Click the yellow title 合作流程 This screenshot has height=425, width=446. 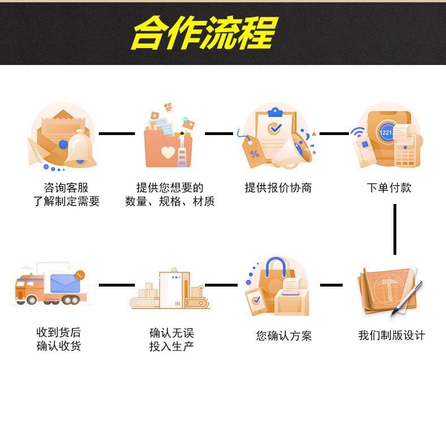point(204,33)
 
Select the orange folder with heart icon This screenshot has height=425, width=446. point(168,138)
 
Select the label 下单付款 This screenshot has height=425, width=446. point(388,188)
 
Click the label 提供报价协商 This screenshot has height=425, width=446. point(278,188)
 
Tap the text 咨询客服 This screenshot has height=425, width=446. point(66,188)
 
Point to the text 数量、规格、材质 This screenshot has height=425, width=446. point(170,201)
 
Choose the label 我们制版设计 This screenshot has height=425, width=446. point(391,335)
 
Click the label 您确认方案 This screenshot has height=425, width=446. point(283,336)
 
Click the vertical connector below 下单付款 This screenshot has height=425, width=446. point(395,229)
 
